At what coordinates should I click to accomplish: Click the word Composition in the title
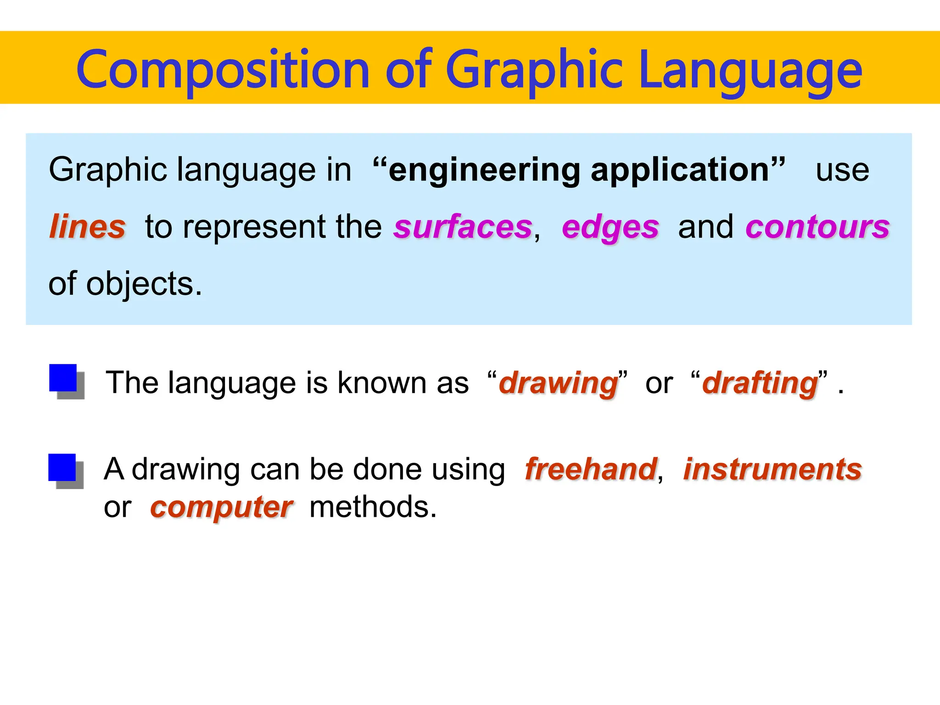pyautogui.click(x=223, y=70)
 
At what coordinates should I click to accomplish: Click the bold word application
pyautogui.click(x=680, y=170)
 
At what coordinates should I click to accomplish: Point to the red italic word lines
pyautogui.click(x=87, y=227)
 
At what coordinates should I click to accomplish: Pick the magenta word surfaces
pyautogui.click(x=463, y=227)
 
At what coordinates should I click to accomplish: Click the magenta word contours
pyautogui.click(x=817, y=227)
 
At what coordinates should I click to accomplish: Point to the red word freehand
pyautogui.click(x=591, y=469)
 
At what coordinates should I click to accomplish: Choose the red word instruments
pyautogui.click(x=772, y=469)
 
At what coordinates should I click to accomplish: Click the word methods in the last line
pyautogui.click(x=372, y=507)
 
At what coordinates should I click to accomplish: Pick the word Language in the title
pyautogui.click(x=750, y=70)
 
